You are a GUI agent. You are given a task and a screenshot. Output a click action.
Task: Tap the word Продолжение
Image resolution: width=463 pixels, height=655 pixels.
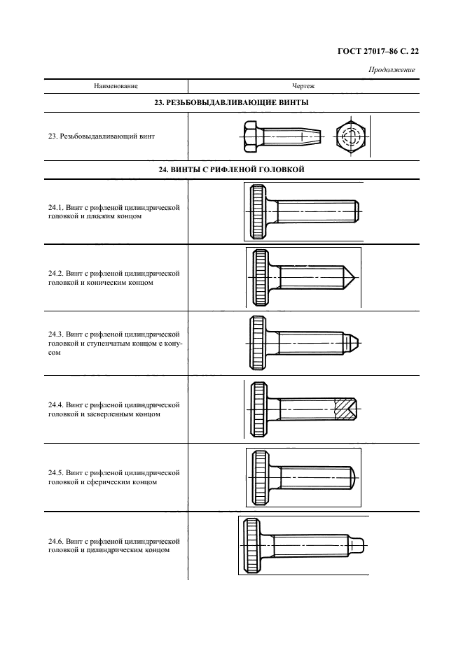[392, 69]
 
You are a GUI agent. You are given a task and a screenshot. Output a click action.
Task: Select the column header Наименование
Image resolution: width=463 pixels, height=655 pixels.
[116, 86]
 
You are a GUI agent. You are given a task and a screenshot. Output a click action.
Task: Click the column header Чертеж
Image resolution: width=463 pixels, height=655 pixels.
[302, 86]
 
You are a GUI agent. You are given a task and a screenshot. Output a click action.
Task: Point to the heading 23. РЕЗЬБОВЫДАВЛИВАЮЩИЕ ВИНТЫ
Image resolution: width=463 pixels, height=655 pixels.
[232, 102]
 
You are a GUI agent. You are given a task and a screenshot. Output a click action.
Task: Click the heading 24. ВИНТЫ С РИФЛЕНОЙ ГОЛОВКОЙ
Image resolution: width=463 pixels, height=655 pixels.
[232, 169]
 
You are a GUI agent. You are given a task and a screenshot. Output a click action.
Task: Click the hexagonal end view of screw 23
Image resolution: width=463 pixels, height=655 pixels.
[350, 136]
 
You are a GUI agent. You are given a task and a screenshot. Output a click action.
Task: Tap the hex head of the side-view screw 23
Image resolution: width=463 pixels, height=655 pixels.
[253, 136]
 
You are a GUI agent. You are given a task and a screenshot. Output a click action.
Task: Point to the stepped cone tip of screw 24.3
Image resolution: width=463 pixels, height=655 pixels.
[353, 343]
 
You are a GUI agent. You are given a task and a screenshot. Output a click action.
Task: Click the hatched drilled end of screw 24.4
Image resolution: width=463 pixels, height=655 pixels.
[345, 409]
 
